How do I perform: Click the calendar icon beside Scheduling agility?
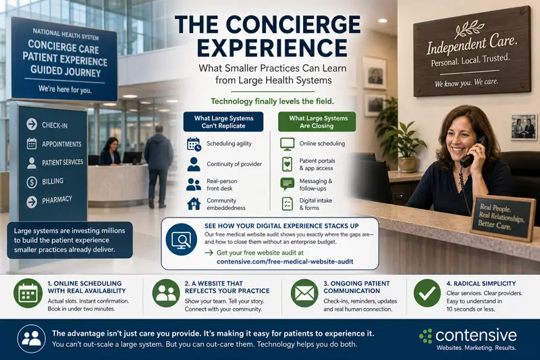tap(194, 145)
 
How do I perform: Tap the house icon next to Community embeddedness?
tap(194, 203)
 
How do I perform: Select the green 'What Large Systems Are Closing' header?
tap(317, 122)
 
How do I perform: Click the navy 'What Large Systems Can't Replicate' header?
tap(223, 122)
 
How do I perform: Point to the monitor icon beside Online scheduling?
tap(288, 144)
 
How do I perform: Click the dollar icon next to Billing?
tap(32, 182)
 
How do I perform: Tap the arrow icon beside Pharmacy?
tap(32, 202)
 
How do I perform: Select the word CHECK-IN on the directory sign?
tap(55, 126)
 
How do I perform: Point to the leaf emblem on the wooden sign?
tap(468, 29)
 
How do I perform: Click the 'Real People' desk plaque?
tap(502, 218)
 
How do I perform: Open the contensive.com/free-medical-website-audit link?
tap(285, 261)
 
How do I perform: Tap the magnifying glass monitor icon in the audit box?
tap(181, 239)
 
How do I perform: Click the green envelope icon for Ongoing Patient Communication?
tap(304, 293)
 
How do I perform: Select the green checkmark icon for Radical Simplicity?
tap(427, 293)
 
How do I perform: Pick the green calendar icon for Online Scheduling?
tap(28, 293)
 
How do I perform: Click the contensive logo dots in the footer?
tap(426, 336)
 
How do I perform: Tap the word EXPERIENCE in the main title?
tap(272, 47)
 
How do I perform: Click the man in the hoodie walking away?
tap(159, 166)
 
